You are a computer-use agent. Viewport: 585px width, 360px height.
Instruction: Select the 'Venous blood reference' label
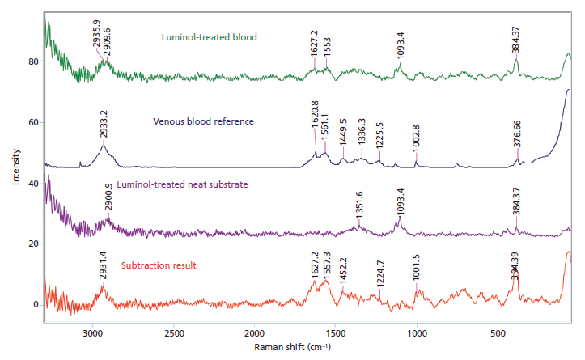point(204,121)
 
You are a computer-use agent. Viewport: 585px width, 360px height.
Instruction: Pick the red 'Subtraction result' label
point(159,265)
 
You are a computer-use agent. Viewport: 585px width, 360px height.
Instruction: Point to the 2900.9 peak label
point(109,196)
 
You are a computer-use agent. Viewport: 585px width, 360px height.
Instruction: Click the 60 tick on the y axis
point(34,122)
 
